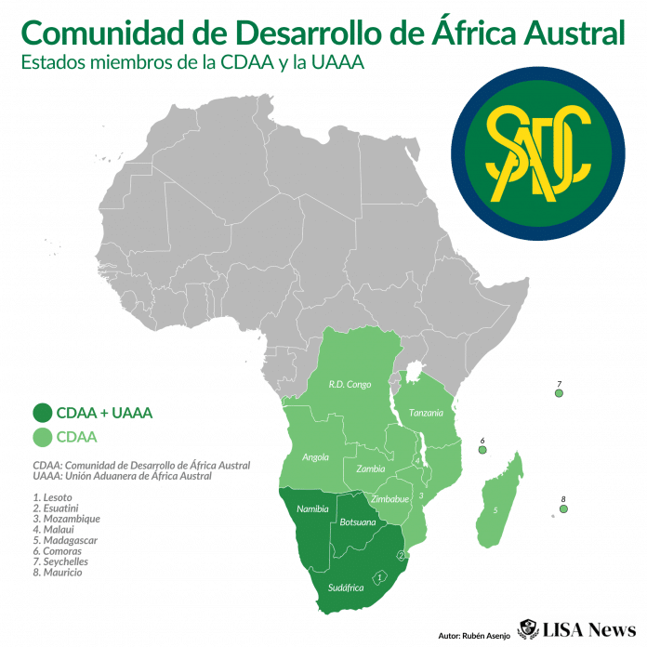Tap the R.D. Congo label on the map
[x=350, y=384]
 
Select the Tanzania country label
[x=426, y=413]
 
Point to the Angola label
[x=316, y=457]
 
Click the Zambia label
[x=370, y=469]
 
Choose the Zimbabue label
[x=390, y=499]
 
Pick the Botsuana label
[x=358, y=523]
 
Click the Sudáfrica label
[x=346, y=588]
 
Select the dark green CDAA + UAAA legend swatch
[x=43, y=413]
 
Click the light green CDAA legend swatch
[x=43, y=437]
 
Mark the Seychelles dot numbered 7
[x=559, y=393]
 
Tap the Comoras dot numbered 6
[x=482, y=450]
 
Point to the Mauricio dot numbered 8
[x=563, y=508]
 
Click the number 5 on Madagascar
[x=495, y=510]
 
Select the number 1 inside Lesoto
[x=379, y=577]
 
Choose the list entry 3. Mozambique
[x=66, y=519]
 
